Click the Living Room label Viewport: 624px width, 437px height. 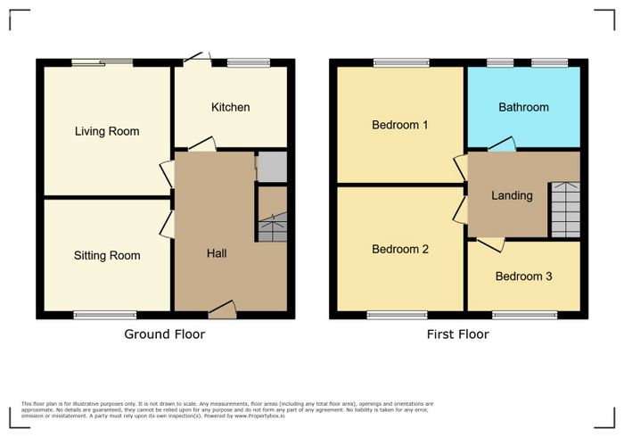coord(107,132)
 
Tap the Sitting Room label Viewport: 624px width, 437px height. coord(107,256)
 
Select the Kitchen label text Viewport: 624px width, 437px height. coord(230,107)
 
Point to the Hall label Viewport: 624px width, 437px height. coord(217,253)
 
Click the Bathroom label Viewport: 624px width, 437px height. coord(524,107)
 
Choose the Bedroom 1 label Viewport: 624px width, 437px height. coord(400,125)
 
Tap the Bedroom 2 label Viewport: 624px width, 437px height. coord(400,249)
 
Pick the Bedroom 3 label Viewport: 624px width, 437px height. coord(524,276)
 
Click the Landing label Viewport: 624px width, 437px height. coord(512,195)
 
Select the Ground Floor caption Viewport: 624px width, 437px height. coord(165,334)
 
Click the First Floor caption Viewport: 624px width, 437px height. coord(458,334)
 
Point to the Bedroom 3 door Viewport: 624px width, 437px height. coord(490,244)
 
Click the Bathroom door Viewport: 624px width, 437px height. coord(502,144)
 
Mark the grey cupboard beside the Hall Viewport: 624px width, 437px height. coord(272,167)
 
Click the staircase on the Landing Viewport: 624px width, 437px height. coord(565,210)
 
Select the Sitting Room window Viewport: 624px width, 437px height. coord(105,315)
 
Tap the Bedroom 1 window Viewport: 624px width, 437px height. coord(401,62)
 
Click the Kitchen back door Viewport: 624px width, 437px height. coord(197,59)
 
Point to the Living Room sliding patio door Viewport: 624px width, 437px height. coord(103,62)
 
